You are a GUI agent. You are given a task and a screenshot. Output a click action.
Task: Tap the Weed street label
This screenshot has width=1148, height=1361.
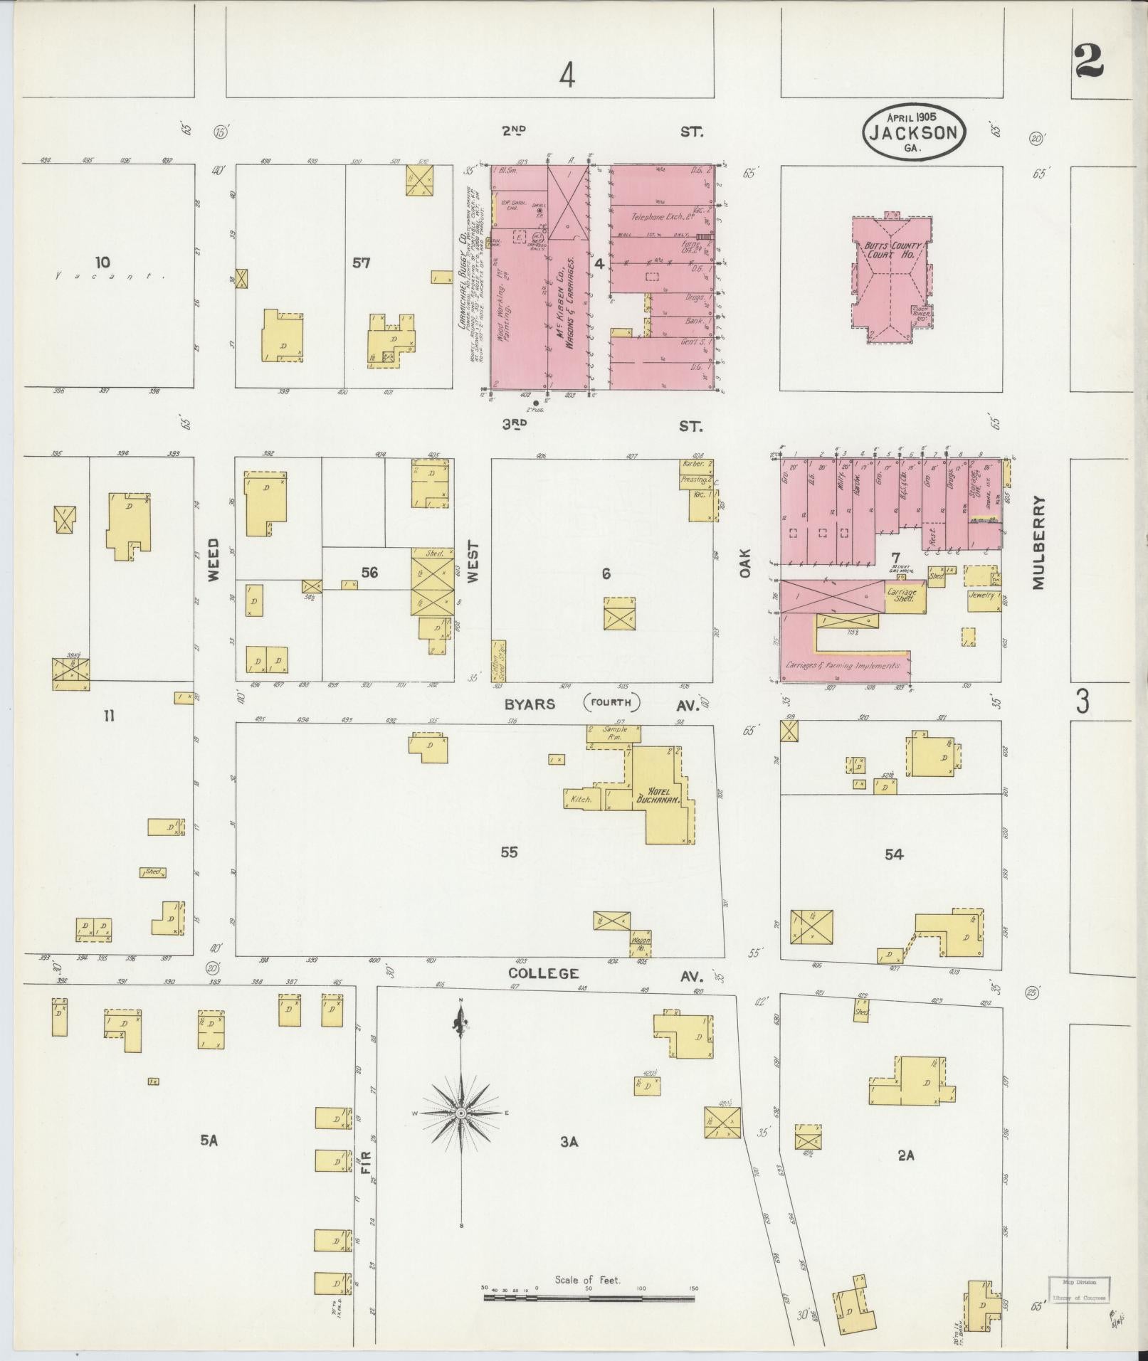(x=214, y=561)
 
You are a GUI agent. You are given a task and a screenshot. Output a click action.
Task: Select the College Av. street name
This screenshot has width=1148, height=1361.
(x=543, y=973)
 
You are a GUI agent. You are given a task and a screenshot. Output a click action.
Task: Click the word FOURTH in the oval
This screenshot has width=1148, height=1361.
(x=611, y=703)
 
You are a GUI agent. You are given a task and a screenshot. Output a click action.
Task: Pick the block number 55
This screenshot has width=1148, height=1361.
(x=508, y=852)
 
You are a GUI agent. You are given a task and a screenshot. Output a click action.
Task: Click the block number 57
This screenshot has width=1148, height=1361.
(x=362, y=263)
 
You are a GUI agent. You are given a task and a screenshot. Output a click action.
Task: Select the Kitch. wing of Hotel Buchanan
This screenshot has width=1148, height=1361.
(x=582, y=799)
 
